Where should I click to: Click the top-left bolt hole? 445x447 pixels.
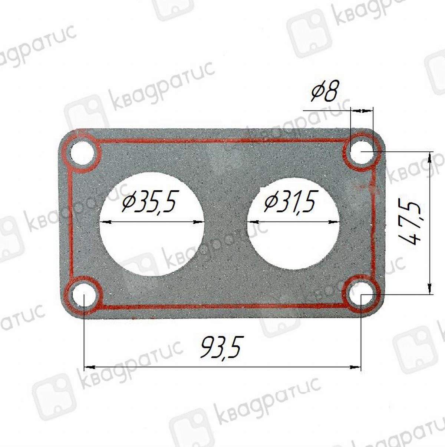83,153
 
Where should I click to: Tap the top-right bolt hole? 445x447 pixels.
361,152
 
